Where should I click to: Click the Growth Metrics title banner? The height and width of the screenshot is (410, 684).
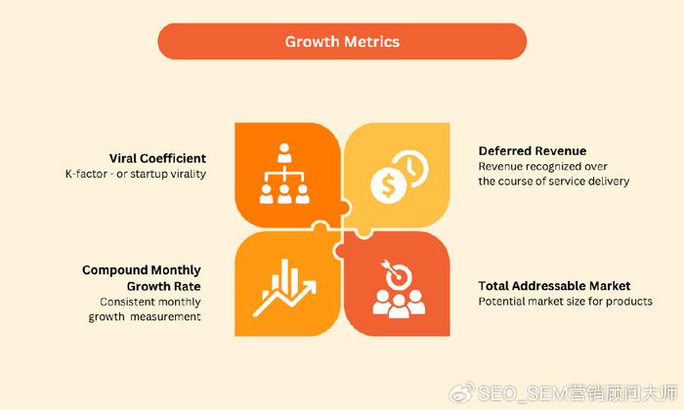342,41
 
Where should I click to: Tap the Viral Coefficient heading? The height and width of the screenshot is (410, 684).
157,158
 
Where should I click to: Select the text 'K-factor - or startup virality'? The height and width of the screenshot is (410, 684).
136,174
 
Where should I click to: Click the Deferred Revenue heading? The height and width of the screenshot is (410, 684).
533,150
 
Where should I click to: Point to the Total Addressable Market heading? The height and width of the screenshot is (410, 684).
554,286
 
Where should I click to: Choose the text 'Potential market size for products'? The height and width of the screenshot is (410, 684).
566,301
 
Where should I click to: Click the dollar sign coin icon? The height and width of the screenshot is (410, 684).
388,185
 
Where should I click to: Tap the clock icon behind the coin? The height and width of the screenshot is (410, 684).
411,168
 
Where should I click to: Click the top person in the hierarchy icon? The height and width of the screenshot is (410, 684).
284,152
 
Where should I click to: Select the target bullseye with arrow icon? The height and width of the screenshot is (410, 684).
398,274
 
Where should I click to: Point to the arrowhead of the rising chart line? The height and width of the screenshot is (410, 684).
310,287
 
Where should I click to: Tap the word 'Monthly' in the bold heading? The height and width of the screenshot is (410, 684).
177,270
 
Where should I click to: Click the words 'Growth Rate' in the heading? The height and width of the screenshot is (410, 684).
164,286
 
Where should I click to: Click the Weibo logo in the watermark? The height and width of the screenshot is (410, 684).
462,392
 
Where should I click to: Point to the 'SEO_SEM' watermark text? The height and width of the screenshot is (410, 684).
521,393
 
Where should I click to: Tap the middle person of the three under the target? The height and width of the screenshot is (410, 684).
399,307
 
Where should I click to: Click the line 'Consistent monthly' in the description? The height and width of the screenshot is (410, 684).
150,302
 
